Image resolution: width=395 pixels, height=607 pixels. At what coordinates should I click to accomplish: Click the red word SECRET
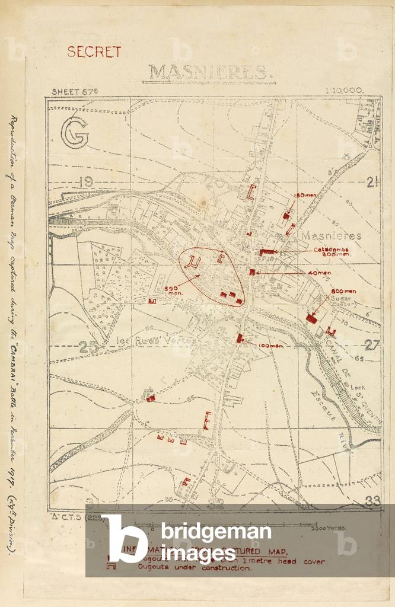(x=94, y=52)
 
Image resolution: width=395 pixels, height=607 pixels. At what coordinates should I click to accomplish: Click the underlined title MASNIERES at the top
(x=208, y=72)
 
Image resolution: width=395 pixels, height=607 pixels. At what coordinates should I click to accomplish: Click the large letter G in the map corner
(x=74, y=132)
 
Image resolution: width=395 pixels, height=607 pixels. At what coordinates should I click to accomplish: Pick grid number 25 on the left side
(x=87, y=348)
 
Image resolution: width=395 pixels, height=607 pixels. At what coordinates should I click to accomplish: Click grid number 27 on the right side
(x=371, y=346)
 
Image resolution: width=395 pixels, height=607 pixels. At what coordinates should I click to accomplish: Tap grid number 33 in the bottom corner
(x=372, y=501)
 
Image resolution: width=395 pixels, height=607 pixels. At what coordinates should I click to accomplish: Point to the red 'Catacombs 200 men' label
(x=332, y=252)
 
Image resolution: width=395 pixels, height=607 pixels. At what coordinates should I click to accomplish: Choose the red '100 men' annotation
(x=268, y=345)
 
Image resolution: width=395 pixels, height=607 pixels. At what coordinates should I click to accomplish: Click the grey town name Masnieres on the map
(x=331, y=235)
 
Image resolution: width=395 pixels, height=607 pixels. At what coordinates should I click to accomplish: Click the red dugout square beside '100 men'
(x=240, y=338)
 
